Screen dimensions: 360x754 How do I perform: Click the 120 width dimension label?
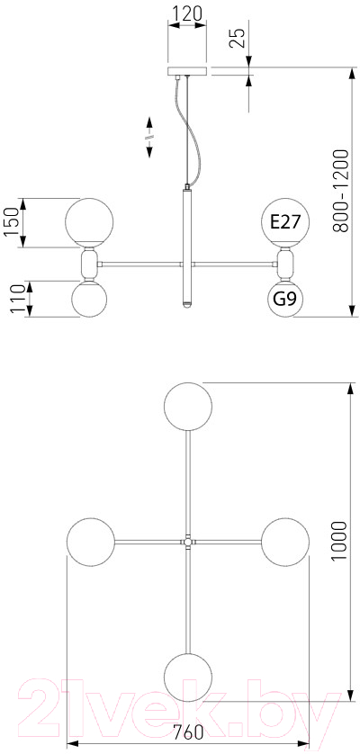pos(187,13)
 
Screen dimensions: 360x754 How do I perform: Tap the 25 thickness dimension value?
pos(238,37)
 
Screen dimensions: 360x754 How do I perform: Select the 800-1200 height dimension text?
pos(341,191)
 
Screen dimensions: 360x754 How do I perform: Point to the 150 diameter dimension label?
pos(12,222)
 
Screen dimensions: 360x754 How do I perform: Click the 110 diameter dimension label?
pos(18,299)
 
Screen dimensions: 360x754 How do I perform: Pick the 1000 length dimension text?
pos(338,541)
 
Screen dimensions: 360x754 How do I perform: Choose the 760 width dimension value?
pos(188,732)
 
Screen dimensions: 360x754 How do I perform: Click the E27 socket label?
pos(285,221)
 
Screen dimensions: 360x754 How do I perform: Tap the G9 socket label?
pos(285,299)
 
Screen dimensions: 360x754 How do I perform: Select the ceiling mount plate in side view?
pos(187,71)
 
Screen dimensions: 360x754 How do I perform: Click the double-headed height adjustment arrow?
pos(149,137)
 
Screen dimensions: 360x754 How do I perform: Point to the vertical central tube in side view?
pos(187,246)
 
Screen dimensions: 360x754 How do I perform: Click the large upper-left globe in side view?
pos(89,222)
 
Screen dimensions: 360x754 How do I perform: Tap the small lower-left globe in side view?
pos(89,299)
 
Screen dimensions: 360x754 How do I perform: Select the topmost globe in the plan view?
pos(188,407)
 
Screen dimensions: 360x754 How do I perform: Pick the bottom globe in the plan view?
pos(188,677)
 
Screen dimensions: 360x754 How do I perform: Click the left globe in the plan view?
pos(91,542)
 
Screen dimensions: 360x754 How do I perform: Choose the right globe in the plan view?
pos(285,542)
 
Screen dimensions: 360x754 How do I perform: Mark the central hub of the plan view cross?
pos(188,542)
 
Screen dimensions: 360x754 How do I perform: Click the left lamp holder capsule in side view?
pos(89,264)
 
